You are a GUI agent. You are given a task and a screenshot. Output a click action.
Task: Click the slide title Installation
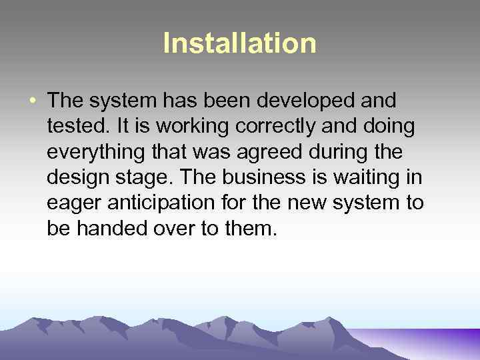tap(240, 44)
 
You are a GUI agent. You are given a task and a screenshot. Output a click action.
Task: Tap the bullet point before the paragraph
tap(33, 101)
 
